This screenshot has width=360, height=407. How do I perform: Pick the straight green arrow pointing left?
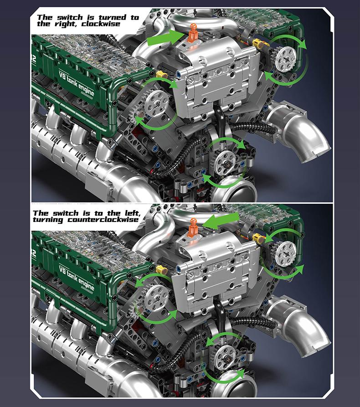tap(222, 222)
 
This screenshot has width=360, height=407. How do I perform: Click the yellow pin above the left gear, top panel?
tap(160, 74)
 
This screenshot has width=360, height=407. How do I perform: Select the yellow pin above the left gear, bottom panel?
tap(161, 270)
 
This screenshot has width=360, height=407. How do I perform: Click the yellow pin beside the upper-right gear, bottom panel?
tap(258, 237)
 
